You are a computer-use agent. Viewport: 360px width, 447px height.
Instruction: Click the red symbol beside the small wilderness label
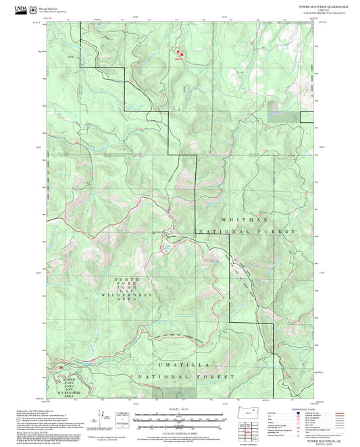pyautogui.click(x=61, y=367)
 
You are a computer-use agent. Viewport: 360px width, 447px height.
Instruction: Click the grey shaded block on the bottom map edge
pyautogui.click(x=175, y=392)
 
